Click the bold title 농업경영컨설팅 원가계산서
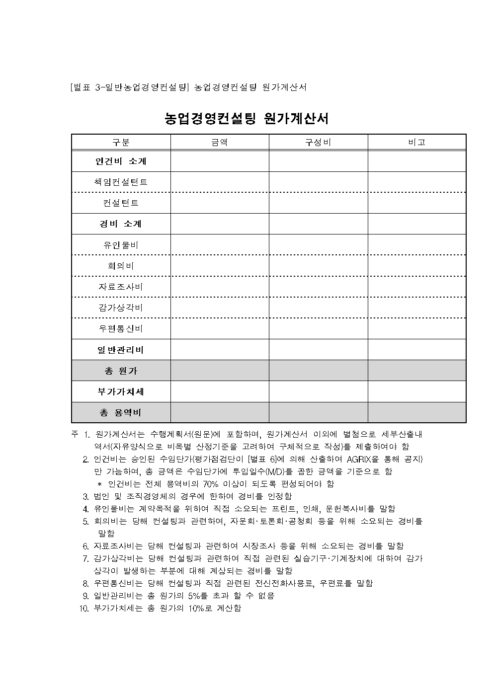[x=246, y=119]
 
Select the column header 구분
[x=121, y=143]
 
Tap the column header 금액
[x=220, y=143]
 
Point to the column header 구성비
[x=318, y=143]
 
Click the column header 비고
[x=416, y=143]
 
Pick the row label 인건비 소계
[x=121, y=161]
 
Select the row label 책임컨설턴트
[x=121, y=182]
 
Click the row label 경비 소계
[x=121, y=224]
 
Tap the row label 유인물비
[x=121, y=245]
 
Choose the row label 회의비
[x=121, y=266]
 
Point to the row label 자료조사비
[x=121, y=287]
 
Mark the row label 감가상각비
[x=121, y=308]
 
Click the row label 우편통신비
[x=121, y=328]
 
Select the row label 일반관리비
[x=121, y=350]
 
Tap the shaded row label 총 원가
[x=121, y=371]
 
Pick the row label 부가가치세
[x=121, y=391]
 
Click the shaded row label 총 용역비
[x=121, y=412]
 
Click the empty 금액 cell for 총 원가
[x=220, y=371]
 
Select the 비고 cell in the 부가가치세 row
[x=416, y=391]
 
